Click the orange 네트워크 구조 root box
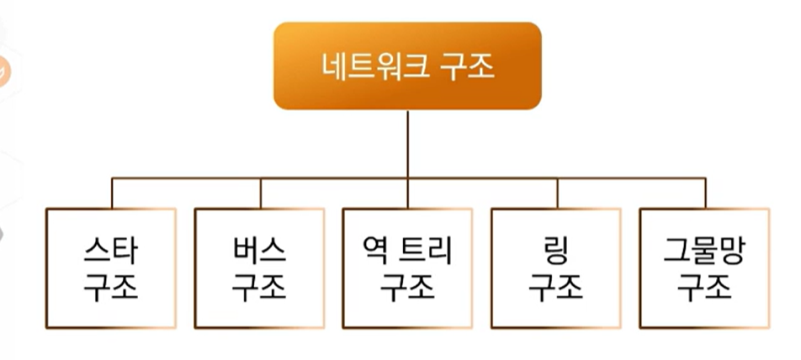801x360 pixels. tap(407, 66)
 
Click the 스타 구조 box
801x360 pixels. tap(111, 268)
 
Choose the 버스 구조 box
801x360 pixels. tap(259, 268)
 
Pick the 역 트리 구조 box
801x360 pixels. tap(407, 268)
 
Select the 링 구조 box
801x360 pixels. tap(556, 268)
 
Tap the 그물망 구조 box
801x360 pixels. tap(704, 268)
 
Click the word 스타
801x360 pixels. tap(111, 251)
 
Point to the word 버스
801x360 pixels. tap(259, 251)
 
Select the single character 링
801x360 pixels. tap(556, 251)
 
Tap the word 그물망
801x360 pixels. tap(704, 251)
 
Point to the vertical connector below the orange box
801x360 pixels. tap(407, 143)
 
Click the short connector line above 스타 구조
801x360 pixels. tap(112, 193)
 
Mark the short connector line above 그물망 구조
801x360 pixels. tap(705, 193)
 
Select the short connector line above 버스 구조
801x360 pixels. tap(260, 193)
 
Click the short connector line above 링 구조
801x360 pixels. tap(557, 193)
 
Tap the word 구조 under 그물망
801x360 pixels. tap(704, 287)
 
